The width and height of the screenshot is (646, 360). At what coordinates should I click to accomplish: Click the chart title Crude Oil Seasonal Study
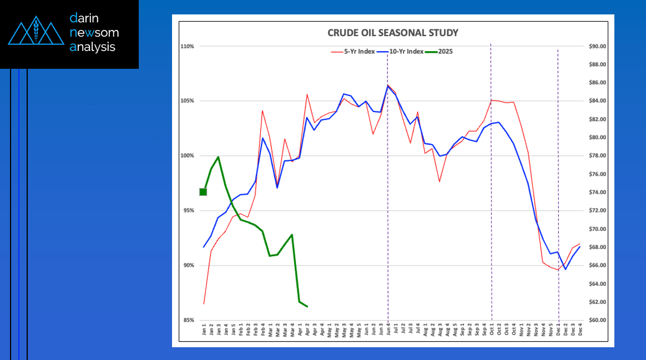(x=393, y=33)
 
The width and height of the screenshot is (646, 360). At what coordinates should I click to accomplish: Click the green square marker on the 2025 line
(x=203, y=192)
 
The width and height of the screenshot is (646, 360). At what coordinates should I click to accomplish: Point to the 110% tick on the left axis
(x=188, y=47)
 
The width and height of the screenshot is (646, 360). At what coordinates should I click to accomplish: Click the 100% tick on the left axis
(x=188, y=156)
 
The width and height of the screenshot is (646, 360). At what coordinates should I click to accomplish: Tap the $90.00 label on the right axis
(x=597, y=47)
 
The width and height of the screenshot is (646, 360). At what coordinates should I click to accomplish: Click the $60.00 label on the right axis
(x=597, y=321)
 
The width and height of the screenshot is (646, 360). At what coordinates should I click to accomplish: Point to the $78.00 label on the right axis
(x=597, y=156)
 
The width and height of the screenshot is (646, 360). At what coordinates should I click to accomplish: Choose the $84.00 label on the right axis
(x=597, y=101)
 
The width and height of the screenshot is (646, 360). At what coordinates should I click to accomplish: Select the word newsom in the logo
(x=94, y=33)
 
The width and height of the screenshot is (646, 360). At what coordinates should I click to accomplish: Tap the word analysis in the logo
(x=93, y=47)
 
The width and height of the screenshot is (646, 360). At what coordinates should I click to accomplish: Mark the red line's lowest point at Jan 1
(x=204, y=303)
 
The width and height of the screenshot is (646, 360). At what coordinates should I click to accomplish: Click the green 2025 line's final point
(x=307, y=306)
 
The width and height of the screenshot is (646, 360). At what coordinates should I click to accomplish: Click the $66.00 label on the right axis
(x=597, y=266)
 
